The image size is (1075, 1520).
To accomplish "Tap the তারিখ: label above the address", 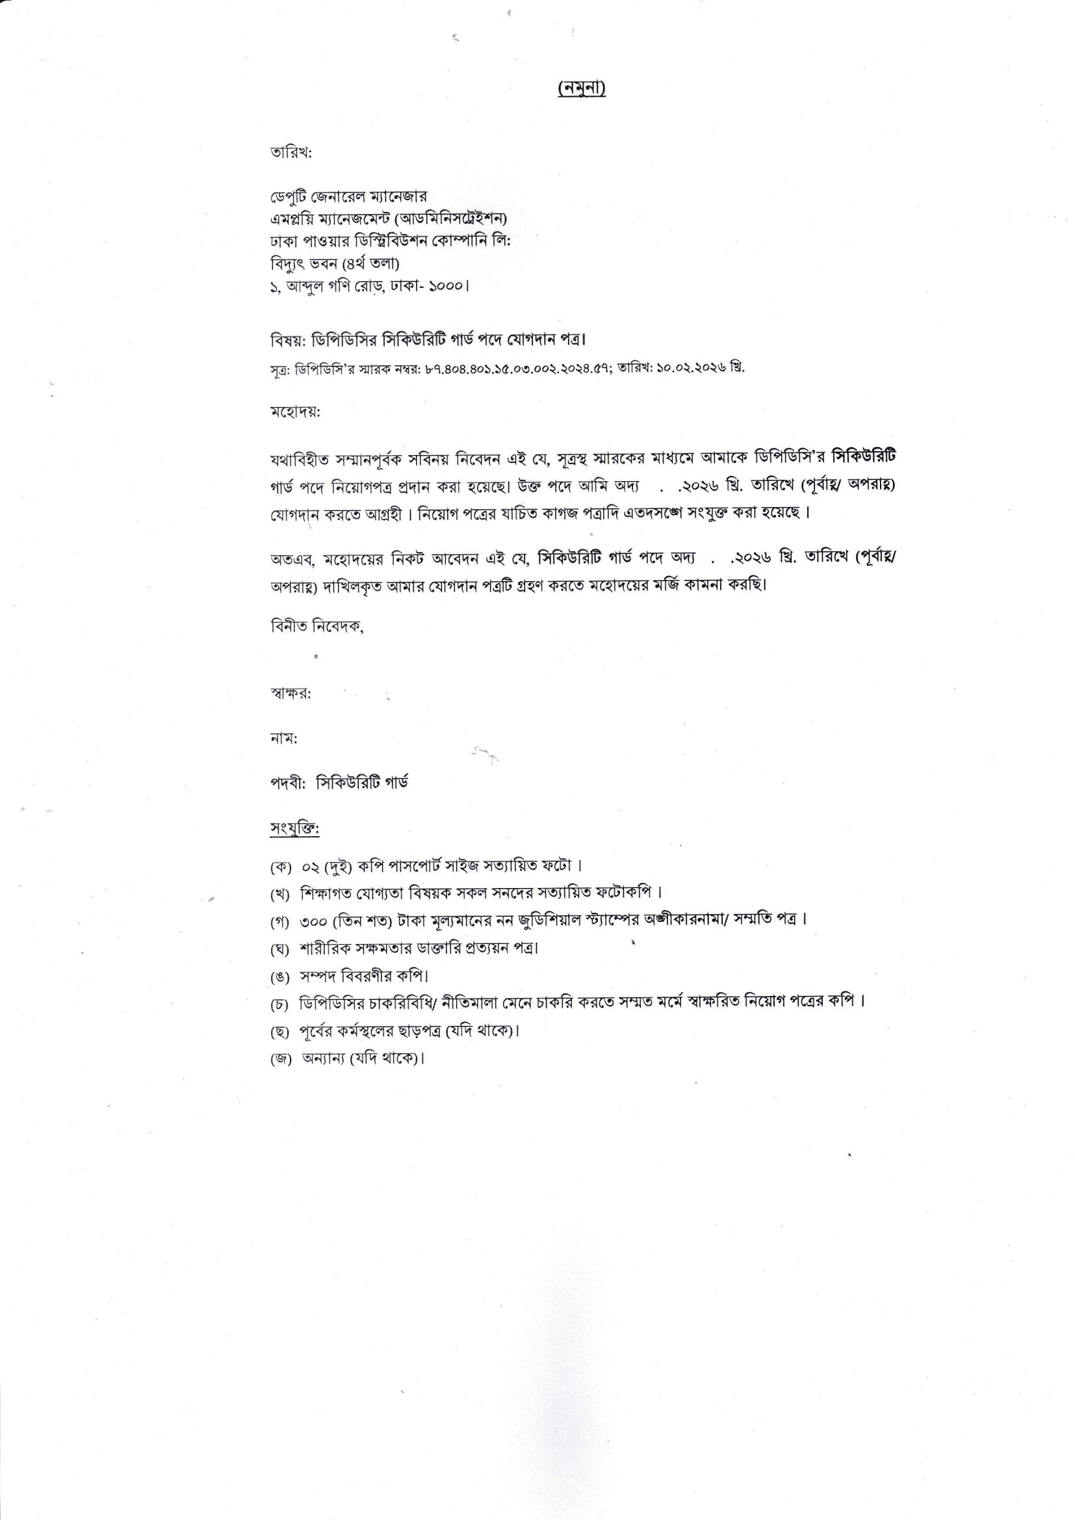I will pyautogui.click(x=291, y=152).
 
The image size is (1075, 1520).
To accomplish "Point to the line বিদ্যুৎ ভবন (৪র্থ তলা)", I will pyautogui.click(x=335, y=264).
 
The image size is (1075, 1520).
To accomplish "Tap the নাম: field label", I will pyautogui.click(x=284, y=739).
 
